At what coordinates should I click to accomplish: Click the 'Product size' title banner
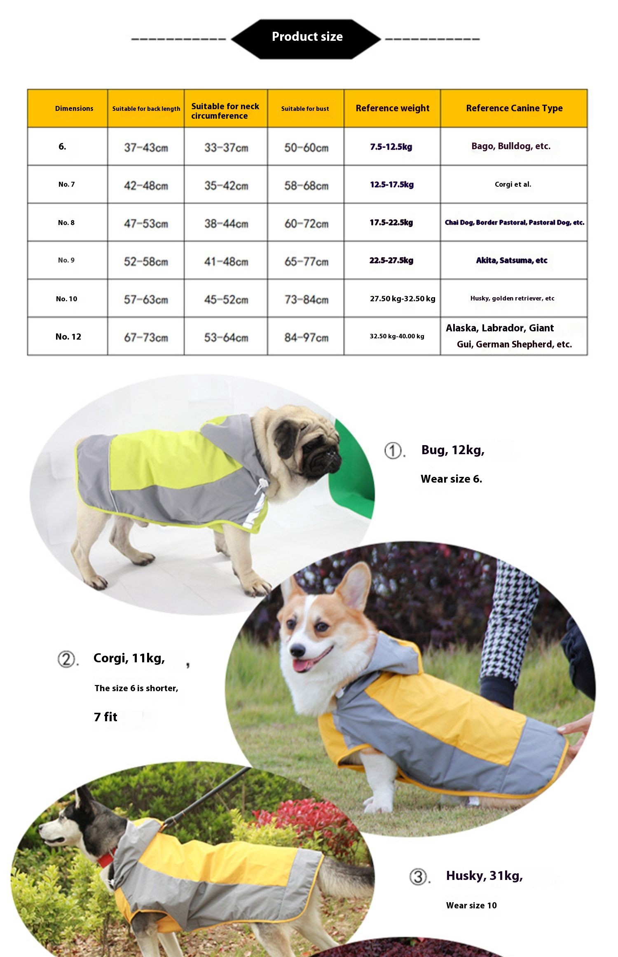click(x=307, y=37)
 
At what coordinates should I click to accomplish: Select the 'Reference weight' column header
click(x=392, y=108)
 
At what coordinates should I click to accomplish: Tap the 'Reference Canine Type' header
click(x=514, y=108)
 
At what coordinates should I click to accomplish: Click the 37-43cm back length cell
click(x=146, y=147)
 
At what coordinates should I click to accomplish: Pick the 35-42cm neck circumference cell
click(x=226, y=185)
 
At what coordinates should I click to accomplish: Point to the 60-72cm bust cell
click(x=306, y=223)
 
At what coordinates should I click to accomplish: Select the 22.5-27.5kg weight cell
click(x=391, y=260)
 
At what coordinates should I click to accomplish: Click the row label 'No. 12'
click(x=68, y=336)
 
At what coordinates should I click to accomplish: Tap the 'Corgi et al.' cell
click(x=513, y=184)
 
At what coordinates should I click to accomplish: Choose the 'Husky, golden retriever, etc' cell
click(x=512, y=298)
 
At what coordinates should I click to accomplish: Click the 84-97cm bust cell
click(x=306, y=338)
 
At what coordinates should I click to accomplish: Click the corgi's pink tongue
click(x=303, y=665)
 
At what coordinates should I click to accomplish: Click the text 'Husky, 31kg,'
click(x=484, y=875)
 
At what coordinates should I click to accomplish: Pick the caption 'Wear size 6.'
click(x=451, y=479)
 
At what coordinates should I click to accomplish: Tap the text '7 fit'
click(x=105, y=717)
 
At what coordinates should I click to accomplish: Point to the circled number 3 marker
click(x=418, y=876)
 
